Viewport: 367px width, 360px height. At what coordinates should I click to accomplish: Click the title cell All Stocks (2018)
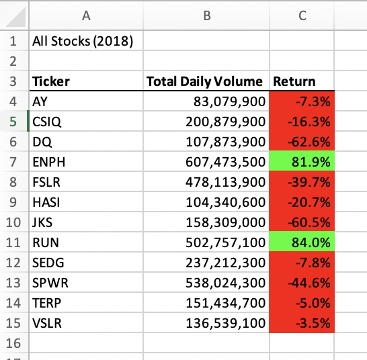click(x=82, y=41)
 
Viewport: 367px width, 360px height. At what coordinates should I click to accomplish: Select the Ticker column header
click(x=51, y=83)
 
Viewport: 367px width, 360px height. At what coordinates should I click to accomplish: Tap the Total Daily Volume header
click(x=204, y=83)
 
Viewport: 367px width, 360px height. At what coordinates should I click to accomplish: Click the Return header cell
click(x=294, y=83)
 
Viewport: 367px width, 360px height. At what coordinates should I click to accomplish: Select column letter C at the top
click(x=302, y=15)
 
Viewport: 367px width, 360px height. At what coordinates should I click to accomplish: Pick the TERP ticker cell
click(x=46, y=303)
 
